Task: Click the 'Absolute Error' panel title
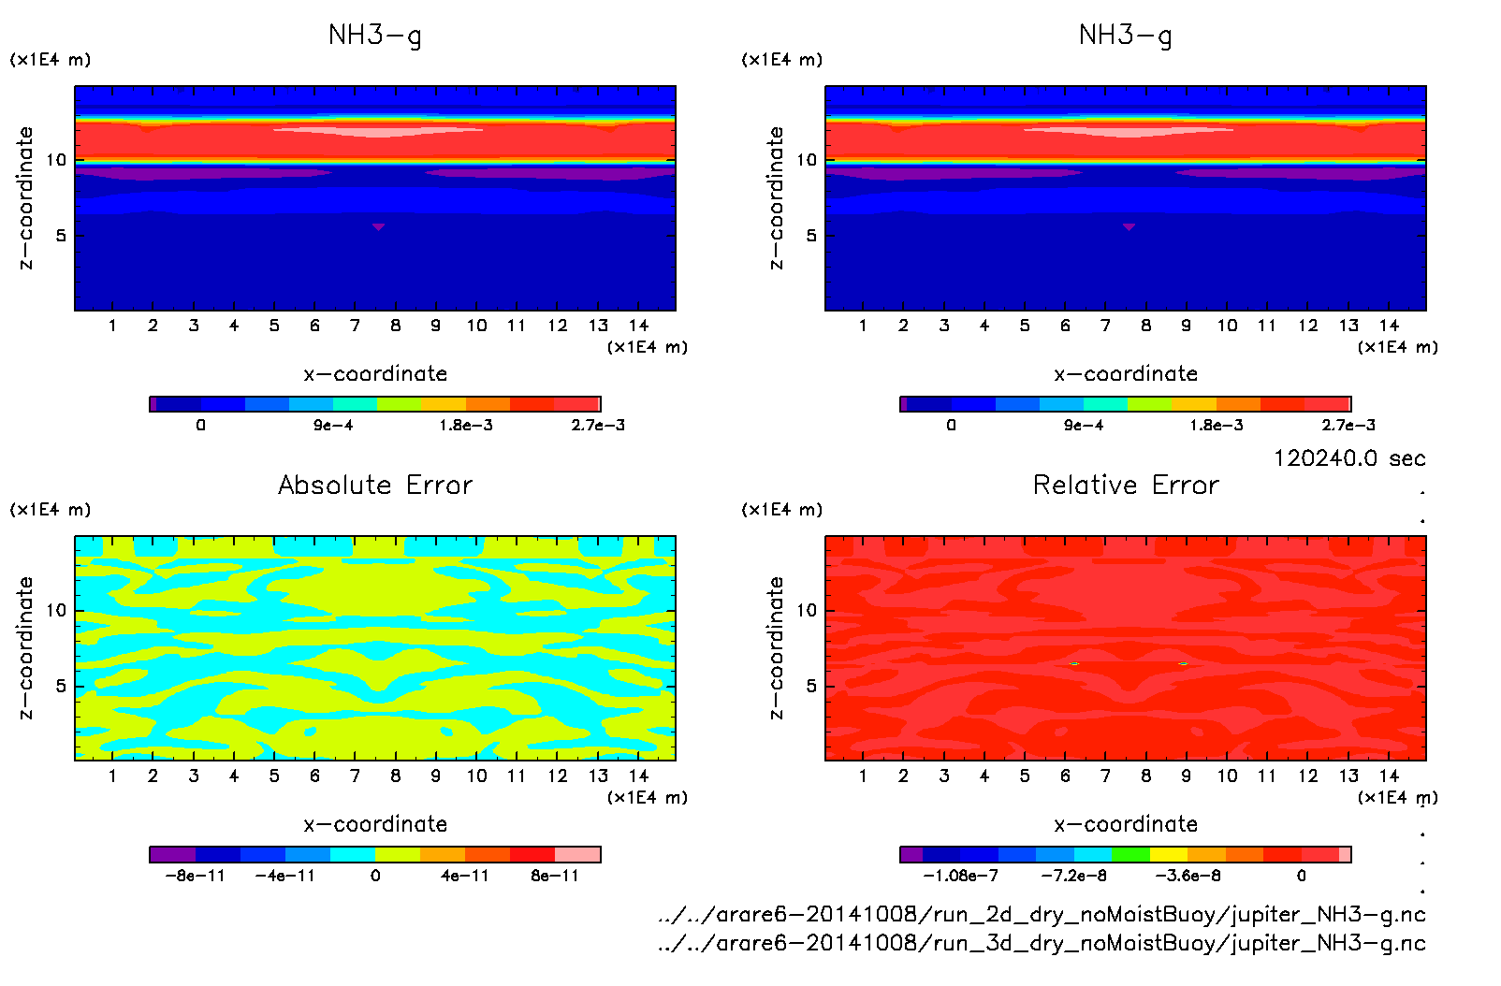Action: pos(375,485)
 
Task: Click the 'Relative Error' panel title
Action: pos(1126,485)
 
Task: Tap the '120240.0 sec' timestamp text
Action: pos(1349,458)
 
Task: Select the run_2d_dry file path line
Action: pos(1042,914)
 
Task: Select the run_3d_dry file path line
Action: pos(1042,943)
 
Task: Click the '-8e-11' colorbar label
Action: pos(195,876)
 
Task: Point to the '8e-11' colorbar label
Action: pos(555,876)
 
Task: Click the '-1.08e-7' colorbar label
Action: pos(960,876)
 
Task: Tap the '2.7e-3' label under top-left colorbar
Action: pos(598,425)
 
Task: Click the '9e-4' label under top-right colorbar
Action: pos(1084,425)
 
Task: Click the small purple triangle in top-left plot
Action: pos(378,226)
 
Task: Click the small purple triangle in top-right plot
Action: pos(1129,226)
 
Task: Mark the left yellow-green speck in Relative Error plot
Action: pos(1074,663)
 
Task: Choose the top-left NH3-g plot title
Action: pos(375,36)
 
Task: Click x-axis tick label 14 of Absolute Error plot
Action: pos(638,776)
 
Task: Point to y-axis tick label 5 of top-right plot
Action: pos(811,235)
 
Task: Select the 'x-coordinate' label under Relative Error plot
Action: pos(1126,824)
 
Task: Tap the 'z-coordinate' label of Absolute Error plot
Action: pos(25,647)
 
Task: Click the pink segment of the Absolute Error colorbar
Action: pos(577,854)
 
